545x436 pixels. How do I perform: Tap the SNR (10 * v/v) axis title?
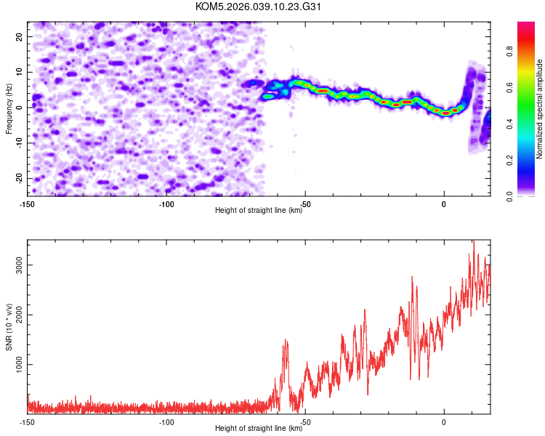9,326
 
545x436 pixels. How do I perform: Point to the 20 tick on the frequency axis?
19,36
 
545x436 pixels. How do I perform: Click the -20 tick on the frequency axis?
17,178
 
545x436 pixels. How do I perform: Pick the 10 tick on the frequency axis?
19,72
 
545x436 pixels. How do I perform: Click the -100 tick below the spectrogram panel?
166,203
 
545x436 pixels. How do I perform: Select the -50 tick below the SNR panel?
305,421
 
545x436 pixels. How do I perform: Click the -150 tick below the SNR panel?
28,421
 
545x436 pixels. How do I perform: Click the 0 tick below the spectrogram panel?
444,203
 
